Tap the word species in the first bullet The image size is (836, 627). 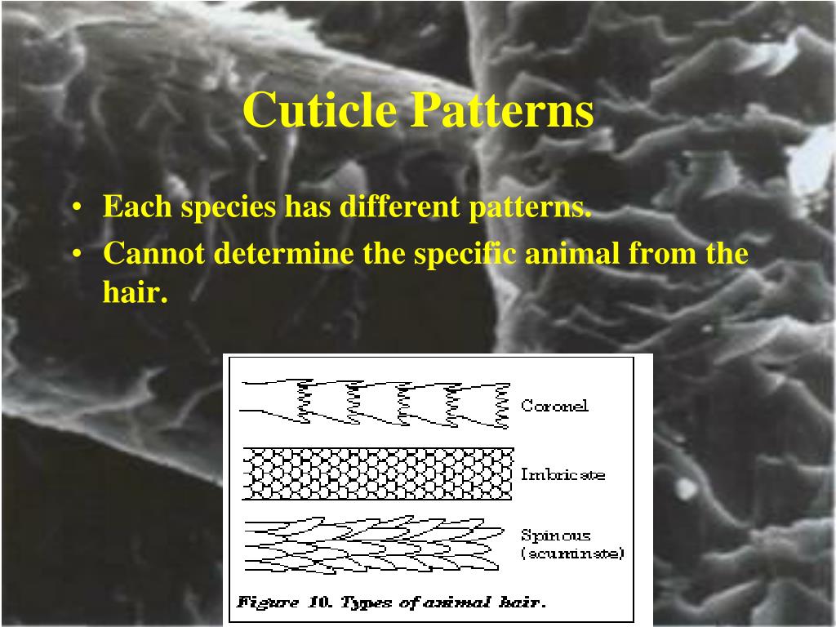(228, 207)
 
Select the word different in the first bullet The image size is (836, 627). (401, 207)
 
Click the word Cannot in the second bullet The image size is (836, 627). (154, 254)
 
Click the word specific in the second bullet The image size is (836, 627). (465, 254)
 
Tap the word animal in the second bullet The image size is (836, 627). (572, 254)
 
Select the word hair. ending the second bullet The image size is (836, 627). (135, 292)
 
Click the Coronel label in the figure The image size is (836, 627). (554, 406)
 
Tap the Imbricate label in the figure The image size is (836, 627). (563, 474)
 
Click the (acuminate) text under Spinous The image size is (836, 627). (572, 554)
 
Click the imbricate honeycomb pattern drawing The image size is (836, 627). (377, 474)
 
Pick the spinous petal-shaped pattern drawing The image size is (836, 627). (371, 543)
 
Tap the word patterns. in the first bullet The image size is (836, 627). (529, 207)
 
